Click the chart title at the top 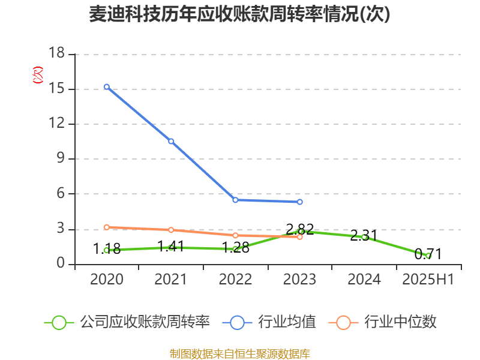[x=239, y=14]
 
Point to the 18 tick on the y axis [x=56, y=55]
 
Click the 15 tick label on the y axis [x=56, y=89]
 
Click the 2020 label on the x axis [x=107, y=280]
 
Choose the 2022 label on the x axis [x=235, y=280]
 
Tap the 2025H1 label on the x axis [x=428, y=280]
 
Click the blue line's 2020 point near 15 [x=107, y=87]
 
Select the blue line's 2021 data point [x=171, y=141]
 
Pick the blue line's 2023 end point [x=300, y=202]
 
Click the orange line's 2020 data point [x=107, y=227]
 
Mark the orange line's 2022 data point [x=235, y=235]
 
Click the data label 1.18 [x=107, y=248]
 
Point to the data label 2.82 [x=300, y=229]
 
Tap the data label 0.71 [x=428, y=254]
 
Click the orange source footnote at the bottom [x=239, y=353]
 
